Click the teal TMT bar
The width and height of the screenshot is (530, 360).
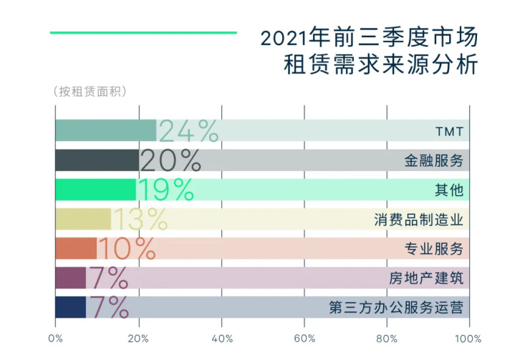[x=105, y=130]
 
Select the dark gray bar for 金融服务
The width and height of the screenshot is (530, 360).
[x=97, y=160]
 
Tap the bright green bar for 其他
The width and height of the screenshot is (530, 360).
[x=95, y=190]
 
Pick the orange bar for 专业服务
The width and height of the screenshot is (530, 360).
[x=75, y=248]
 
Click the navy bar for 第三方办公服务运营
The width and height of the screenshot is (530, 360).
[x=70, y=307]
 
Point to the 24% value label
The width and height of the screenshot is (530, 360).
[x=188, y=131]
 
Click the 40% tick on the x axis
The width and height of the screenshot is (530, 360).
[x=222, y=338]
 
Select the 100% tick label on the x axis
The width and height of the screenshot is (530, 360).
[x=468, y=338]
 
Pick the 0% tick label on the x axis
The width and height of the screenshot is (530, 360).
[x=56, y=338]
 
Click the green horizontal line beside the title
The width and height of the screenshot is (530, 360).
[x=143, y=32]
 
